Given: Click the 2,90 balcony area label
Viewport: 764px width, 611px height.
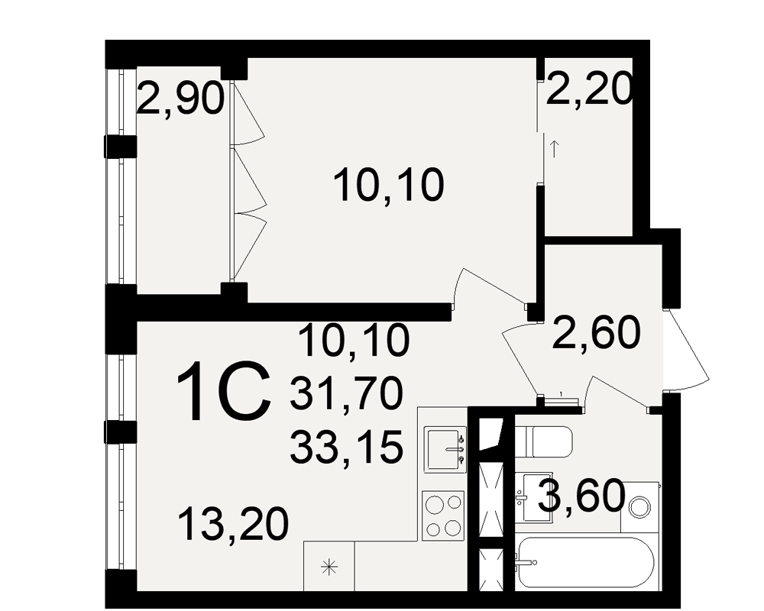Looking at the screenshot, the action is pos(180,99).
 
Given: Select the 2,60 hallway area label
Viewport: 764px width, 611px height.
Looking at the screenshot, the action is pos(595,333).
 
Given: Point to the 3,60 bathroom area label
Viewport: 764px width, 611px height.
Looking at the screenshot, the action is pos(582,496).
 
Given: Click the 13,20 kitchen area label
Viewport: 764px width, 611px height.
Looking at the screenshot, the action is pos(233,524).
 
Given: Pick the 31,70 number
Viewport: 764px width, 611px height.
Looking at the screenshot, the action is pos(346,394).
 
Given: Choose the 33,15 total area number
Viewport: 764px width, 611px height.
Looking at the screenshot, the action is pos(346,447).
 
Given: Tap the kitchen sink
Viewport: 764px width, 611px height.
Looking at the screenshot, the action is pos(445,449).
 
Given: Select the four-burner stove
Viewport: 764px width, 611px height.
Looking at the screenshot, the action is pos(443,515).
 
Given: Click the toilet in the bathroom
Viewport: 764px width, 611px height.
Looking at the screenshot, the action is pos(543,441).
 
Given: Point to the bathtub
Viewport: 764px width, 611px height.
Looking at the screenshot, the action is pos(585,562).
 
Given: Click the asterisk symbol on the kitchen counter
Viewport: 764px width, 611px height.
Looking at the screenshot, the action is pos(329,567).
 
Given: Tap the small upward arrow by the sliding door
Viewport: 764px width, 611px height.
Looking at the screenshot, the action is pos(554,149).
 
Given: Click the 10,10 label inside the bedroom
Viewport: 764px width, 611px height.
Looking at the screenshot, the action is pos(389,184).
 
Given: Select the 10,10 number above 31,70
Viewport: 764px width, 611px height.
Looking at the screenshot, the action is pos(354,340).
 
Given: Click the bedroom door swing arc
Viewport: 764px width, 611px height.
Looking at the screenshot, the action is pos(489,287).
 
